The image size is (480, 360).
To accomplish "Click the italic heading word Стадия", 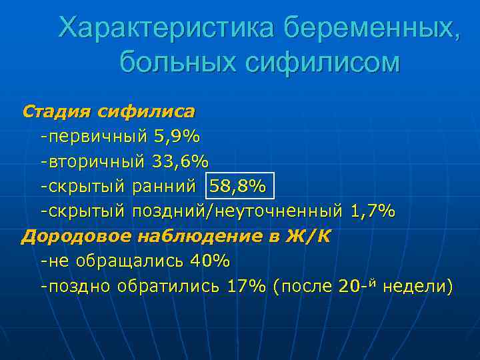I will click(x=56, y=110).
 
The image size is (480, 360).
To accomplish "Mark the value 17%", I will click(x=247, y=287).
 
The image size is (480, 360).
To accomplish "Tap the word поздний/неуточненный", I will click(x=237, y=212).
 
